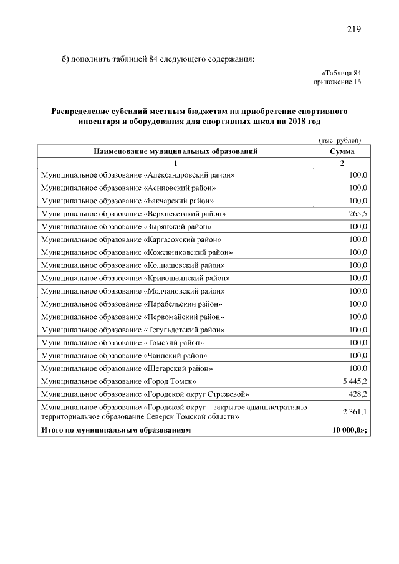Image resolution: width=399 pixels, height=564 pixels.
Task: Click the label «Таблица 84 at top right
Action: coord(341,73)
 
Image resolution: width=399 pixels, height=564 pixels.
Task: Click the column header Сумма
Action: coord(342,151)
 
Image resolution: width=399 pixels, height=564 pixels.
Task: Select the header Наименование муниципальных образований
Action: coord(175,151)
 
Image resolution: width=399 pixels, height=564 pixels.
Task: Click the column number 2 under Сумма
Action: coord(342,163)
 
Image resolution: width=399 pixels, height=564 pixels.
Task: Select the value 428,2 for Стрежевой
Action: coord(358,394)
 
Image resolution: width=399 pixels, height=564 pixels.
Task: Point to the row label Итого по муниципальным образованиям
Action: coord(116,430)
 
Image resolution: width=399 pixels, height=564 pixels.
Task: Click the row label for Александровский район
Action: coord(138,175)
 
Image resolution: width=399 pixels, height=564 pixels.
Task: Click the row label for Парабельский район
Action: coord(132,304)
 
